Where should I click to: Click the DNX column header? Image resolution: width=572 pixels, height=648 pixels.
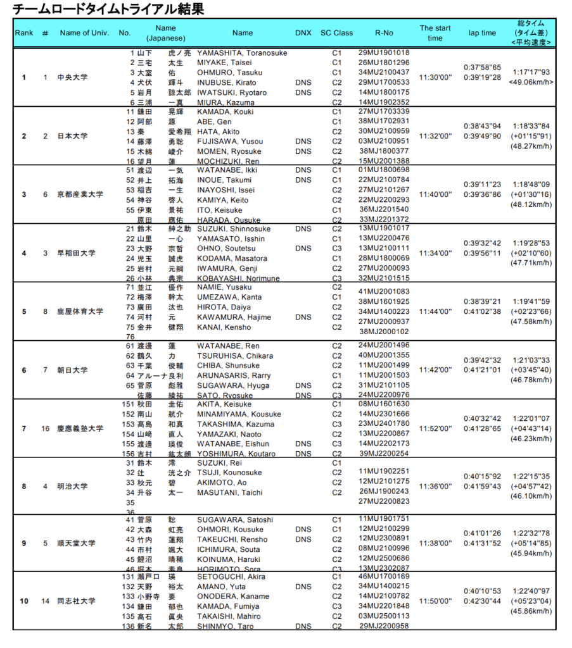tap(303, 33)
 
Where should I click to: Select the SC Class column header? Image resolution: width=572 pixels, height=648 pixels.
tap(336, 33)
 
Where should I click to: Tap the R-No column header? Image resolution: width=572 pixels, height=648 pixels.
tap(384, 33)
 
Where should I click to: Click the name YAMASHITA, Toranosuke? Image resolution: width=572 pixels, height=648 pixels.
tap(243, 53)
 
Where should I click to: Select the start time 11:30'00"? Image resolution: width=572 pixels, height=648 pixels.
tap(435, 77)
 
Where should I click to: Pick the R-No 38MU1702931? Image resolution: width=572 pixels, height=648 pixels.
tap(384, 121)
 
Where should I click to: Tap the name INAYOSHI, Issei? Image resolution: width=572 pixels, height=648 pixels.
tap(226, 190)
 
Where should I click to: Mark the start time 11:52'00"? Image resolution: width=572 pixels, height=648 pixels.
tap(435, 428)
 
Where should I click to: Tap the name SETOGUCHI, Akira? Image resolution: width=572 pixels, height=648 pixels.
tap(231, 576)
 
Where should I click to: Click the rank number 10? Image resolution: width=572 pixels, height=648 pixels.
tap(24, 601)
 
